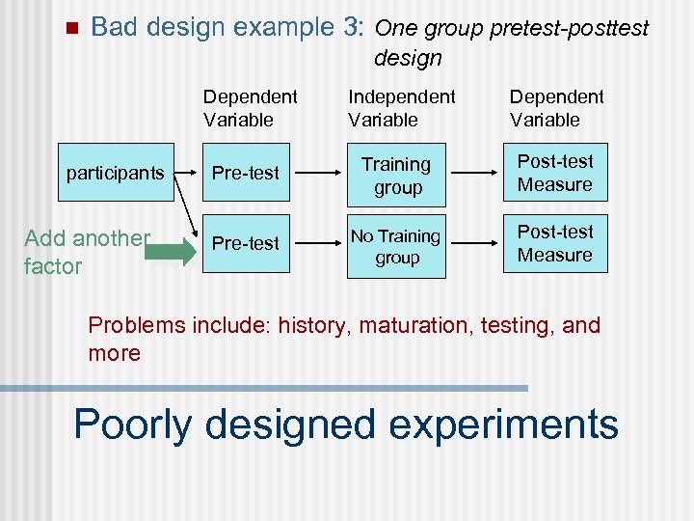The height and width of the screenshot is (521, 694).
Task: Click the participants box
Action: [x=115, y=173]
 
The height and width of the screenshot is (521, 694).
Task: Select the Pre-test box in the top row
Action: [x=246, y=173]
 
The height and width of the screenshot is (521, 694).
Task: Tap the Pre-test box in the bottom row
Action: [x=246, y=243]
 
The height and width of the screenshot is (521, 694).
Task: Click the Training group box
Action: [x=396, y=176]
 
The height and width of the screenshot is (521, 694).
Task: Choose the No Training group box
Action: [x=396, y=246]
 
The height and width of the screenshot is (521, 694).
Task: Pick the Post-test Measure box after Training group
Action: [x=555, y=173]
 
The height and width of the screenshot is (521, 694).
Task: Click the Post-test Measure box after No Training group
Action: [x=555, y=243]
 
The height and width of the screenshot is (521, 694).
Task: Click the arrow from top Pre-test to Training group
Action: [x=317, y=173]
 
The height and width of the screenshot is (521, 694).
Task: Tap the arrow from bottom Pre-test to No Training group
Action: [x=317, y=243]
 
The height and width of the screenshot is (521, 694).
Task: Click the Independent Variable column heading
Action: [x=401, y=108]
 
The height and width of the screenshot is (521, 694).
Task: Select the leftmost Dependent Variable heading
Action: [x=251, y=108]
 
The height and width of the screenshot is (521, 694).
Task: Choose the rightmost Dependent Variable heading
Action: [x=556, y=108]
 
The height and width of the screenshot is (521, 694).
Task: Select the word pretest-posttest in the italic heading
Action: [x=570, y=28]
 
